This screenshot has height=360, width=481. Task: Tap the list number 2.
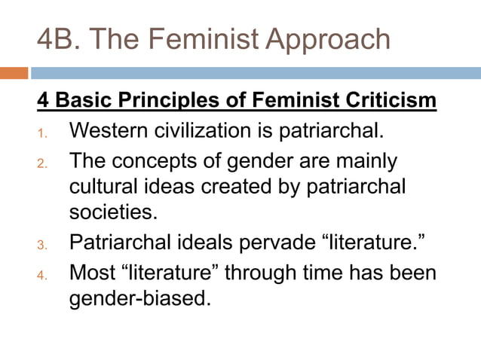pos(42,163)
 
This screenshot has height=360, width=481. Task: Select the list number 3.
pos(42,245)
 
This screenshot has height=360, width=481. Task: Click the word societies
pos(113,212)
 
